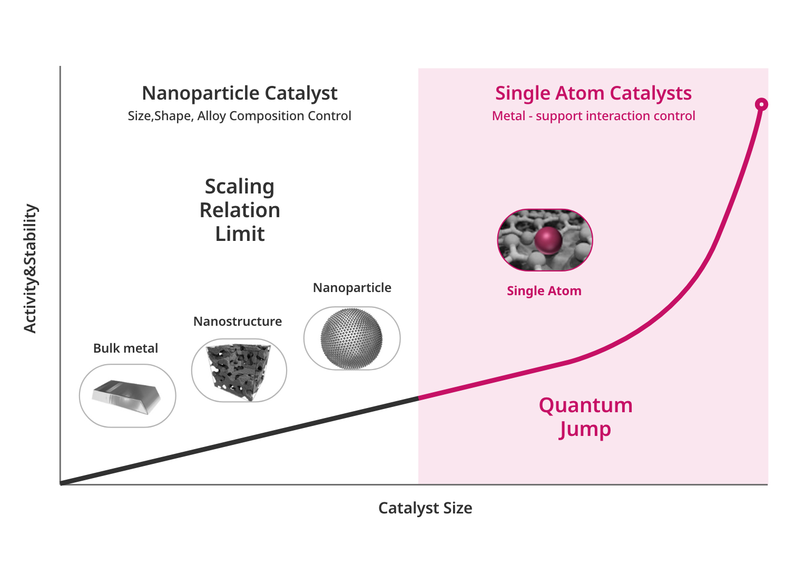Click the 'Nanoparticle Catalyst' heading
pos(240,94)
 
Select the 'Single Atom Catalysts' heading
pos(593,94)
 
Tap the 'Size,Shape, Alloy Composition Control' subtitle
pos(239,116)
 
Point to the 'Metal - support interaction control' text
pos(593,116)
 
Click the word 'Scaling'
pos(240,187)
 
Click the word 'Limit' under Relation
pos(240,234)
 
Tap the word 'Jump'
pos(585,429)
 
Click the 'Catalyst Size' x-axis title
pos(425,508)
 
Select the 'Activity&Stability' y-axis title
pos(30,268)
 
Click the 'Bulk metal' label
pos(125,348)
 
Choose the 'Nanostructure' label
pos(238,321)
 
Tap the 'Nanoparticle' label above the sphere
pos(352,288)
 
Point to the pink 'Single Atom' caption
pos(544,291)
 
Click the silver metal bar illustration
pos(126,397)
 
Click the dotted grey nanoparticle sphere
pos(351,338)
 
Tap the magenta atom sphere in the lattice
pos(548,240)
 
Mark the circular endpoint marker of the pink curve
pos(761,104)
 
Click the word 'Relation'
pos(240,210)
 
